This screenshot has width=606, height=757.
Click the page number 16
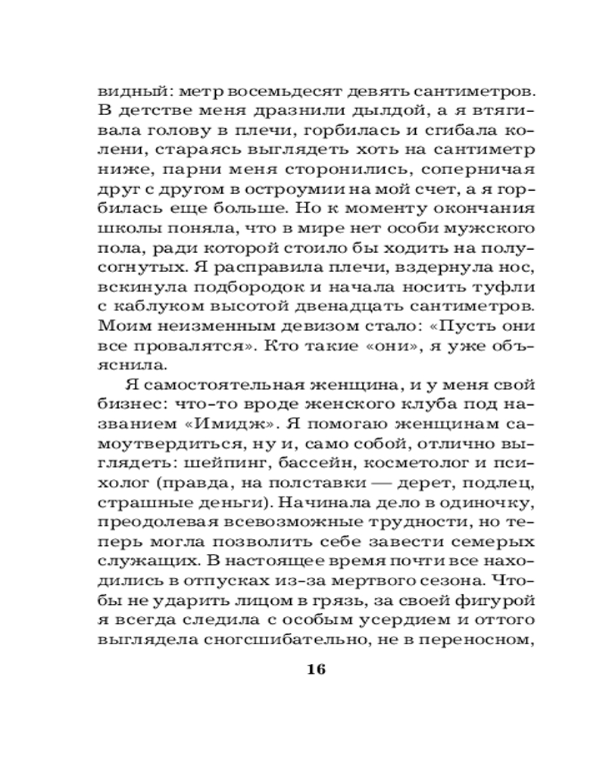317,669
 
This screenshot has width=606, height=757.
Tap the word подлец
485,482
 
